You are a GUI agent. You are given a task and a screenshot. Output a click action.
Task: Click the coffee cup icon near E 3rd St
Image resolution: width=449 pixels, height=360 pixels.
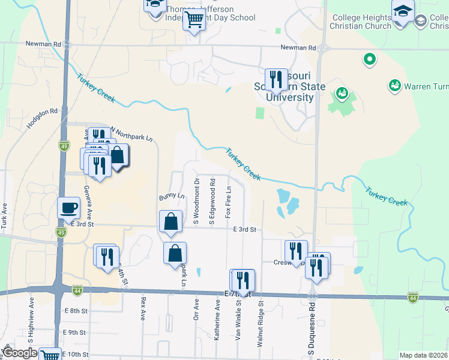(68, 208)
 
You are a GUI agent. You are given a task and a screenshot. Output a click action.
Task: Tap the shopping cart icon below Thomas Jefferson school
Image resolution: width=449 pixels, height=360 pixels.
(194, 19)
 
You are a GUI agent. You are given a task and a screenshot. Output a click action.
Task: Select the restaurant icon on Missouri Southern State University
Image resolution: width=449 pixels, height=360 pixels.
(276, 79)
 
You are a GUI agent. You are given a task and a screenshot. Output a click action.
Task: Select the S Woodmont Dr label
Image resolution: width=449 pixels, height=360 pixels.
(197, 202)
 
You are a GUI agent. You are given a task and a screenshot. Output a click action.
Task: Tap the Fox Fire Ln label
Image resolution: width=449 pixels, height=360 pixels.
(229, 202)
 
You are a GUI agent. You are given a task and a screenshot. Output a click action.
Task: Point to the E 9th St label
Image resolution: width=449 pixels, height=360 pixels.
(75, 332)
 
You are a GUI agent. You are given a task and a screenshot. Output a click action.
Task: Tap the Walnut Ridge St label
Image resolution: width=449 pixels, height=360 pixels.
(261, 325)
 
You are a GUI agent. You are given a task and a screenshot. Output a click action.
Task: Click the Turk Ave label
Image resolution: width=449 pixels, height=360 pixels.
(5, 216)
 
